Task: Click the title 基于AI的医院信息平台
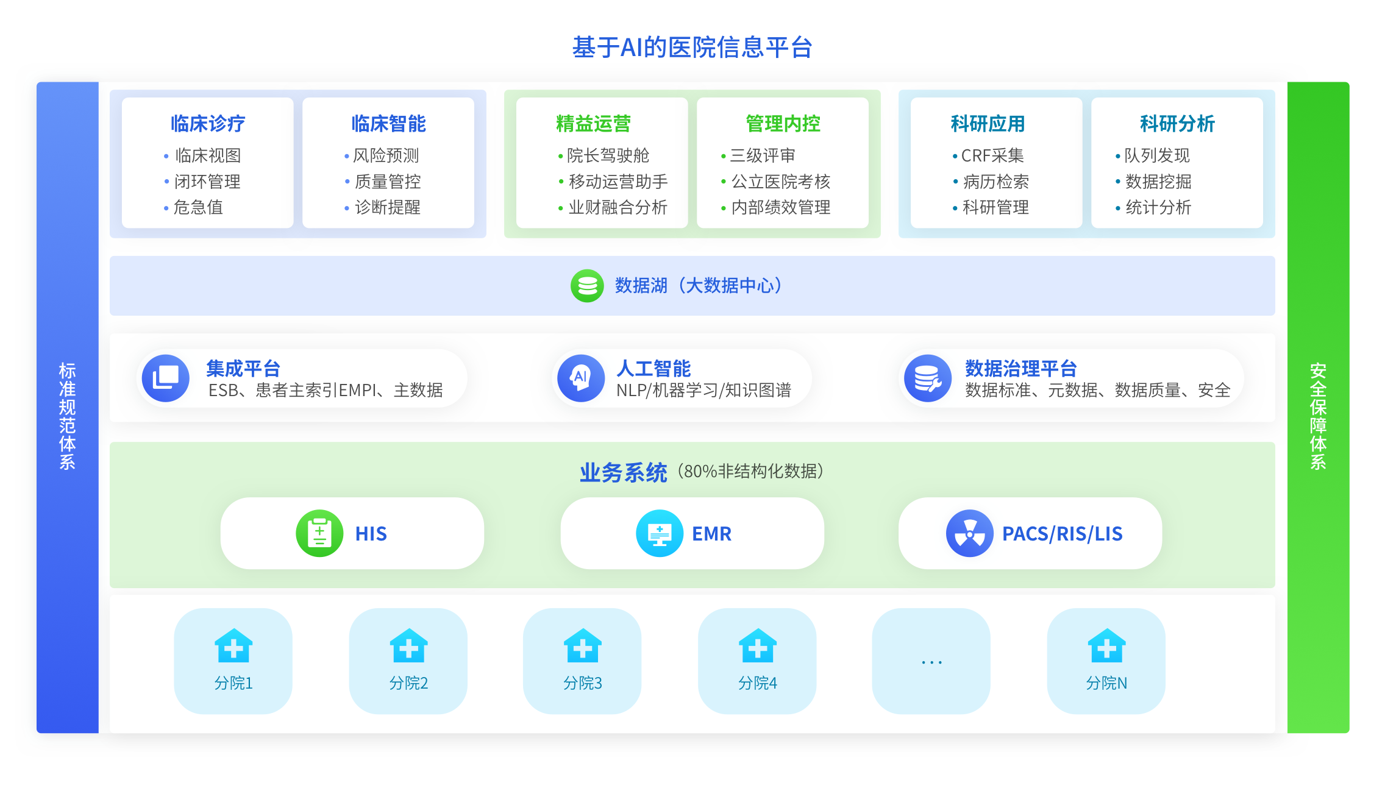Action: point(692,48)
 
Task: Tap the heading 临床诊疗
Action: point(208,124)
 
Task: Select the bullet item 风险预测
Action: point(386,155)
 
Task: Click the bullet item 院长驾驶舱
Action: point(608,155)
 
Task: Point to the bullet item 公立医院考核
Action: point(781,182)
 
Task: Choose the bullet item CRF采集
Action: point(992,155)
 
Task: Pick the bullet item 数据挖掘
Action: point(1158,182)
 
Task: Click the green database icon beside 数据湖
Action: point(587,286)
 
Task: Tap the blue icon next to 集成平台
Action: point(166,378)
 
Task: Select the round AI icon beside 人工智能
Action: point(581,378)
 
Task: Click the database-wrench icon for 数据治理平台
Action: point(928,378)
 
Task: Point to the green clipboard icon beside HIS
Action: point(319,533)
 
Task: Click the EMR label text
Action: point(711,534)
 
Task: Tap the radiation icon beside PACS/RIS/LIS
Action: point(969,533)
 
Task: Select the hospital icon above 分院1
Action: point(233,645)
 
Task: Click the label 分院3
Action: point(583,683)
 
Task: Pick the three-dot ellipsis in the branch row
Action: point(931,662)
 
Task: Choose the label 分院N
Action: point(1106,683)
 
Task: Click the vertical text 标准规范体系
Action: point(67,416)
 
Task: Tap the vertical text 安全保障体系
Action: point(1318,416)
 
